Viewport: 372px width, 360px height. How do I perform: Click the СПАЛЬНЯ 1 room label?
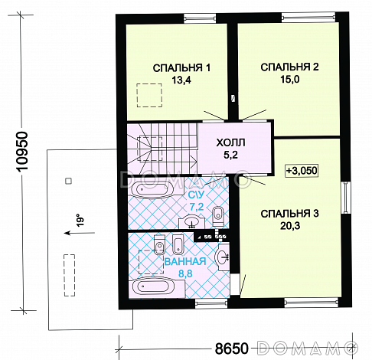point(181,68)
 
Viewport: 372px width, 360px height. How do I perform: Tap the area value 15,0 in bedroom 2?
point(290,80)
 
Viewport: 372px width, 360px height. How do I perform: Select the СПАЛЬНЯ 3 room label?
point(289,214)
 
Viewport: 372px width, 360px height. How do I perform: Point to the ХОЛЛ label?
point(230,142)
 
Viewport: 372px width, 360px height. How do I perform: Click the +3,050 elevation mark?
point(302,171)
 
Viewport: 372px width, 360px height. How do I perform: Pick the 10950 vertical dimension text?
point(24,151)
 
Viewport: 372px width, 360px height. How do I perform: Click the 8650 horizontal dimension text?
point(231,349)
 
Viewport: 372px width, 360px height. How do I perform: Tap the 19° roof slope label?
point(80,220)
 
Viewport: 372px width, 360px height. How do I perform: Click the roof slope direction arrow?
point(80,233)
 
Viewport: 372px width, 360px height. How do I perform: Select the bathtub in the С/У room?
point(152,189)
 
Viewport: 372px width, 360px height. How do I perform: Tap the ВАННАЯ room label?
point(185,262)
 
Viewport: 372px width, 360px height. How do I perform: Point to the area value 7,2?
point(197,207)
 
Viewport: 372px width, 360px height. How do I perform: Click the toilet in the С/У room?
point(218,216)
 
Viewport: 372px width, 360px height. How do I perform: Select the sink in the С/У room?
point(191,222)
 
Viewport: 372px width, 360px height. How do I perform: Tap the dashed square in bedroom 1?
point(149,95)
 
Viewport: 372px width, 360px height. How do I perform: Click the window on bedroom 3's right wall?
point(346,198)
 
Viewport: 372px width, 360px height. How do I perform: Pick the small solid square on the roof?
point(68,181)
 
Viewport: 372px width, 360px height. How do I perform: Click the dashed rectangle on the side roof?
point(70,275)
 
